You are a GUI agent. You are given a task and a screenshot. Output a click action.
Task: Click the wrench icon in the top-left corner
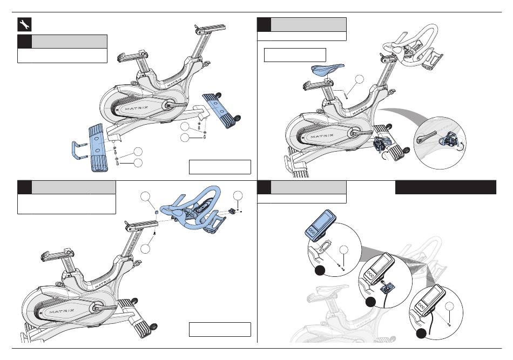click(24, 24)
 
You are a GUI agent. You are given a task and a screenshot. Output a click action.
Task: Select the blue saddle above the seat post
click(327, 69)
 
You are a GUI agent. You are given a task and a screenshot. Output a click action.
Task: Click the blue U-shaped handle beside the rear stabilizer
click(78, 150)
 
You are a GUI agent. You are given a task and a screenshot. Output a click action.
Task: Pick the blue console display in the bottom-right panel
click(320, 223)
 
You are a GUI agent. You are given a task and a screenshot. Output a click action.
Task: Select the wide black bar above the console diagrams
click(446, 187)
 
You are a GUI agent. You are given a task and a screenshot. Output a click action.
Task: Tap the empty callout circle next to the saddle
click(359, 79)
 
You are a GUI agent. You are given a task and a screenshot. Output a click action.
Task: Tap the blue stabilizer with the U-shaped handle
click(98, 147)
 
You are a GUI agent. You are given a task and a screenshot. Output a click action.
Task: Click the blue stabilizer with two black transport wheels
click(220, 110)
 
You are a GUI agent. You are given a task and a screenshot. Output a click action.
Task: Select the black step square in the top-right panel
click(264, 24)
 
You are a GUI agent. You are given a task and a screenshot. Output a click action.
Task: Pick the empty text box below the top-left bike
click(220, 167)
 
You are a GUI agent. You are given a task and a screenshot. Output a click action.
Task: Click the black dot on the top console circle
click(320, 270)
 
